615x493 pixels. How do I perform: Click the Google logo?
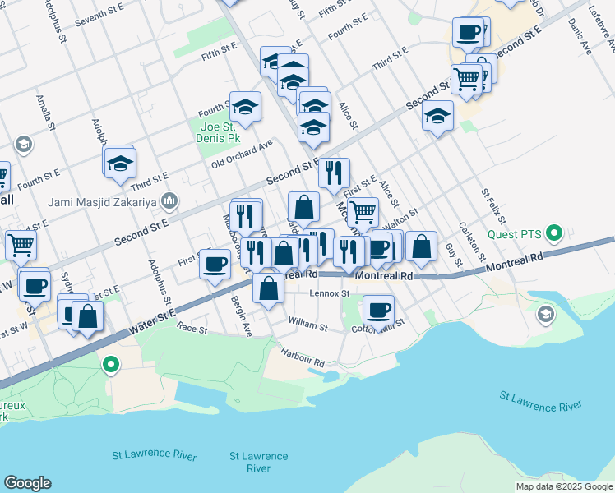coord(27,483)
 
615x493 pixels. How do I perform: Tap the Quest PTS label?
coord(519,234)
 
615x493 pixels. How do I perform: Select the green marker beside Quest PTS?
coord(554,233)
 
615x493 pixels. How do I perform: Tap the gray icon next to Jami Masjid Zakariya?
coord(169,200)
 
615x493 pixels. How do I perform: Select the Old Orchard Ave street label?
coord(242,153)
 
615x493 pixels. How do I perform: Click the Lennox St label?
coord(330,293)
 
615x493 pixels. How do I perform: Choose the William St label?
coord(307,327)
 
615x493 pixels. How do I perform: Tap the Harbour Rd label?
coord(302,359)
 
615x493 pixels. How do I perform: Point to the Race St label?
coord(192,327)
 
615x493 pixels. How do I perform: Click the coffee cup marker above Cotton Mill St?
coord(378,310)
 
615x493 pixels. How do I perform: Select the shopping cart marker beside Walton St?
coord(363,212)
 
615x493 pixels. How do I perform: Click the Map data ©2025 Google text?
coord(563,486)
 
